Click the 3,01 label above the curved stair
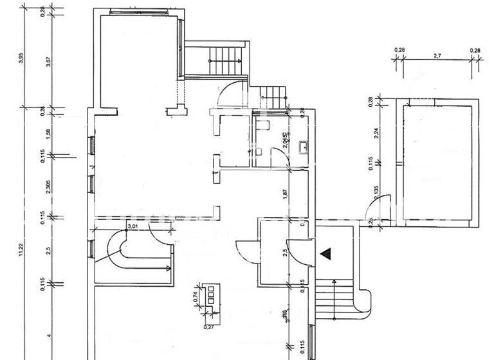(133, 226)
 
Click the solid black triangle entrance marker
(327, 253)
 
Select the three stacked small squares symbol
(211, 298)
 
